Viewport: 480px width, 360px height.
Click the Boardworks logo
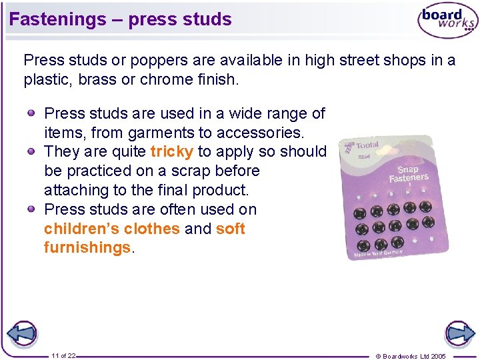coord(447,21)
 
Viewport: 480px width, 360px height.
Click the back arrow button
coord(21,333)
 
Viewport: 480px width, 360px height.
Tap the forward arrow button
coord(459,333)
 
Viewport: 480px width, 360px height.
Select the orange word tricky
coord(172,151)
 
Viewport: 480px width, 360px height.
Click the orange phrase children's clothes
coord(112,229)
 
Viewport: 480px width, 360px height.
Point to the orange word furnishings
coord(87,247)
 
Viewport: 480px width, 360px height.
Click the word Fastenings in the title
coord(57,19)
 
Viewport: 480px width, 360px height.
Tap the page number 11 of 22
coord(63,356)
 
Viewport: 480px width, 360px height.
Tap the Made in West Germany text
coord(378,252)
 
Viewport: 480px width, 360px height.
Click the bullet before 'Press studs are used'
coord(31,113)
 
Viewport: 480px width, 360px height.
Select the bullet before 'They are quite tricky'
coord(31,151)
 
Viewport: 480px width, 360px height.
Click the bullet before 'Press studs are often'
coord(31,209)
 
